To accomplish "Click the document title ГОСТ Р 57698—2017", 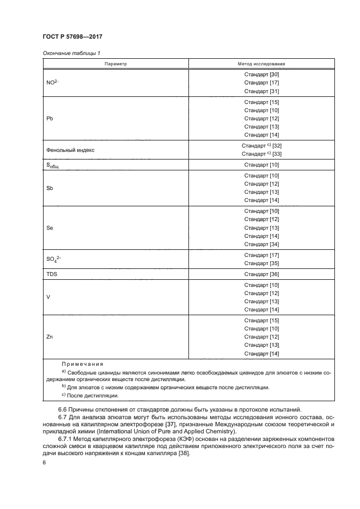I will click(x=73, y=37).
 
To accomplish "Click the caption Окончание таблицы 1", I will click(x=71, y=53).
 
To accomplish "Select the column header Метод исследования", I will click(x=261, y=64).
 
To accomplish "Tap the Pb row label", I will click(x=50, y=118).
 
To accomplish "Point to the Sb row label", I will click(x=50, y=188).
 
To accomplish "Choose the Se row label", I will click(x=50, y=228).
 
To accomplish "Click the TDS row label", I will click(x=52, y=274).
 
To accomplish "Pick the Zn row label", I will click(x=50, y=337).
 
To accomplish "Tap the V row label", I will click(x=48, y=297).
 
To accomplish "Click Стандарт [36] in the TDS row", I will click(x=261, y=274).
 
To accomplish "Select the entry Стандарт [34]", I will click(x=261, y=244).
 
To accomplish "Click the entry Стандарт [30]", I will click(x=261, y=74).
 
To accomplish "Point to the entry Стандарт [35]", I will click(x=261, y=263).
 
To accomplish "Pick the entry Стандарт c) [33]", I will click(x=261, y=154).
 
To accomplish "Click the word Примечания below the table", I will click(x=82, y=364).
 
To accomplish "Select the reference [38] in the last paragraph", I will click(x=181, y=455).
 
